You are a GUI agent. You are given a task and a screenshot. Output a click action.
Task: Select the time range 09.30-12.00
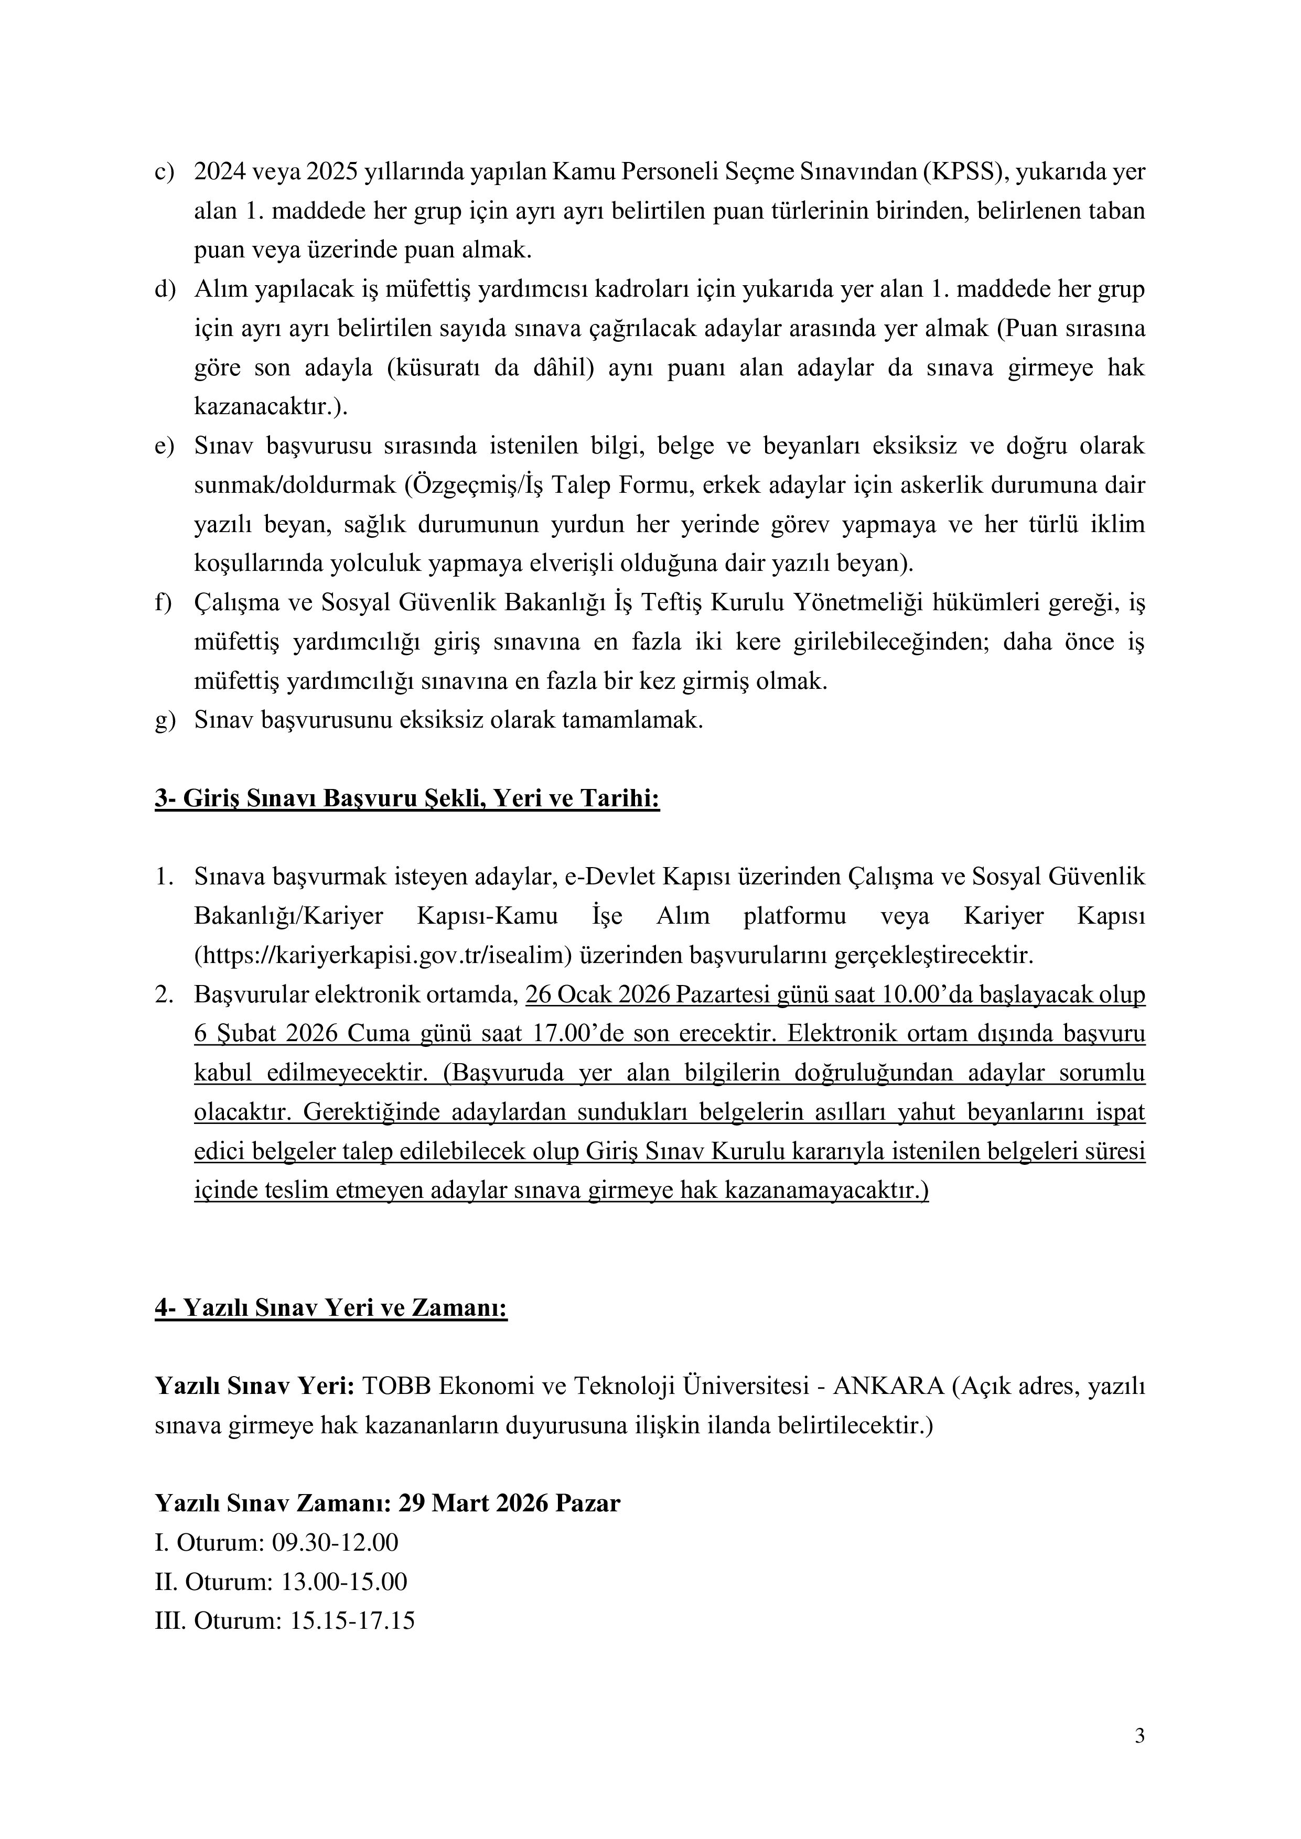335,1543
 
